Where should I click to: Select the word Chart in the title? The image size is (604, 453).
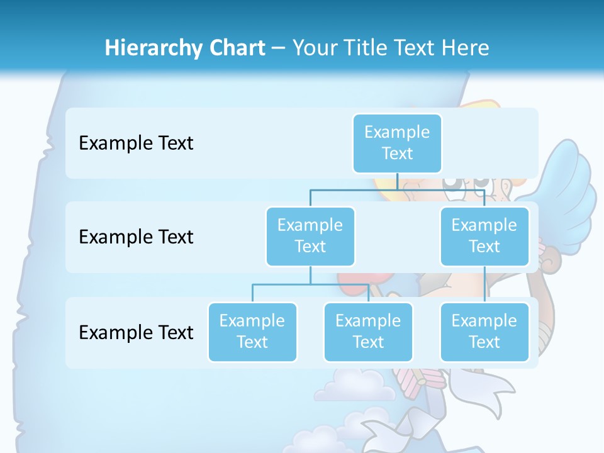coord(235,48)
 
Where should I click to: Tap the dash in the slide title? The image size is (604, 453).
coord(279,48)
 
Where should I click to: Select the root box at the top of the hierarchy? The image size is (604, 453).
coord(397,143)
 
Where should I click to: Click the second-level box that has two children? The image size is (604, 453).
coord(310,236)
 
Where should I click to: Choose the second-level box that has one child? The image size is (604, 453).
coord(484,236)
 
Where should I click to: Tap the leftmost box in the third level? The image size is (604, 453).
coord(252,332)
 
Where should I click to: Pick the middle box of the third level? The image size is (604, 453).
coord(368,332)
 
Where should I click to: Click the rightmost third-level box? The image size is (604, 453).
coord(484,332)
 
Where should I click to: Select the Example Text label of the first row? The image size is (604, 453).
coord(136,143)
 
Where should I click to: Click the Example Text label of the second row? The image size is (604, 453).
coord(136,237)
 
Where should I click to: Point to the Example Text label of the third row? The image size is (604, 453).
coord(136,332)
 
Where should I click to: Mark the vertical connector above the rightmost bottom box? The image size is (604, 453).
coord(484,284)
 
